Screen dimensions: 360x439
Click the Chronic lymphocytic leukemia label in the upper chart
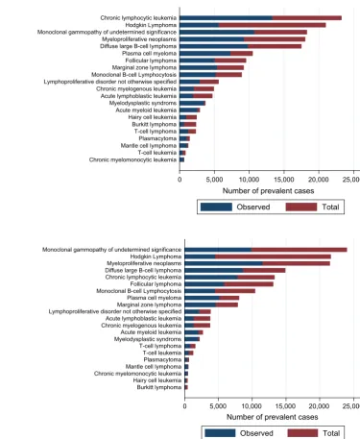click(x=138, y=18)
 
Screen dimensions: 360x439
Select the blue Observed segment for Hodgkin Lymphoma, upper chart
click(x=199, y=25)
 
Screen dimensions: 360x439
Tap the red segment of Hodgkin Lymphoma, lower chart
click(x=273, y=256)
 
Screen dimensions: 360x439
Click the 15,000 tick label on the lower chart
click(x=285, y=406)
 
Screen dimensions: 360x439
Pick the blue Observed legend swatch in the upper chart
click(x=216, y=207)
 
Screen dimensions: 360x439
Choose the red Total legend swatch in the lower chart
click(x=302, y=433)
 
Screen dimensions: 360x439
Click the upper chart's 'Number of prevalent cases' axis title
click(x=268, y=191)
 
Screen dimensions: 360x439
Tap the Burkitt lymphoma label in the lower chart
click(x=159, y=387)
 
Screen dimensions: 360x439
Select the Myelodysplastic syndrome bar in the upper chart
click(x=192, y=103)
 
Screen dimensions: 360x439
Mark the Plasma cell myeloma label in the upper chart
click(x=149, y=54)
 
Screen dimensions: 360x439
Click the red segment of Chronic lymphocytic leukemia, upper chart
click(x=307, y=18)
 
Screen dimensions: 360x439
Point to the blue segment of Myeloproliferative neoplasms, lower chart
click(x=224, y=263)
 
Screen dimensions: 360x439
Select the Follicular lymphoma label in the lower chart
click(x=156, y=284)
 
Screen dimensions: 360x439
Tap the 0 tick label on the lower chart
click(x=184, y=406)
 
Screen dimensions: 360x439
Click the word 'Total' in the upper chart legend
click(x=330, y=207)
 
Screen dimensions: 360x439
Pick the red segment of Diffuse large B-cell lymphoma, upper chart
click(x=275, y=46)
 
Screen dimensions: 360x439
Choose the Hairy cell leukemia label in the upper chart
click(x=153, y=117)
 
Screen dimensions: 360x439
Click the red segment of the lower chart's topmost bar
click(x=300, y=250)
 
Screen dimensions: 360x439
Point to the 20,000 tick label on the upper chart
click(x=319, y=180)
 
